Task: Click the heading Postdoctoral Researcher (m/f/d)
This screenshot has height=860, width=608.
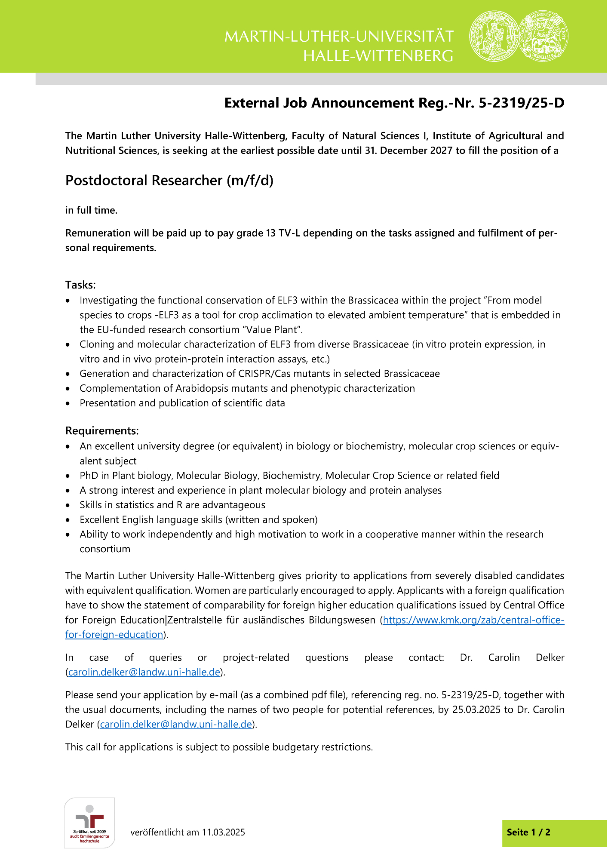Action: tap(169, 180)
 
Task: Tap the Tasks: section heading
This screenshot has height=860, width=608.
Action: tap(80, 285)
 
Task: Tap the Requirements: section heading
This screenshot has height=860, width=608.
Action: tap(102, 430)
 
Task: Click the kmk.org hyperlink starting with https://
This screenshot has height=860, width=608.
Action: tap(473, 620)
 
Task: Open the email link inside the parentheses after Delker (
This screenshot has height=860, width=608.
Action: tap(176, 724)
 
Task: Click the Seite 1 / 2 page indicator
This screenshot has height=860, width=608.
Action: tap(528, 832)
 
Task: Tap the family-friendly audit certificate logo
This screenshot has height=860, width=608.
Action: tap(89, 823)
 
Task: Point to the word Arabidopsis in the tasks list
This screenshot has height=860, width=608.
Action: tap(200, 388)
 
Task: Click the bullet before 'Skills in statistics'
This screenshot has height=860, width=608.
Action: tap(68, 505)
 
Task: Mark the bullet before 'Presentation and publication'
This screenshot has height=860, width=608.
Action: tap(68, 403)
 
